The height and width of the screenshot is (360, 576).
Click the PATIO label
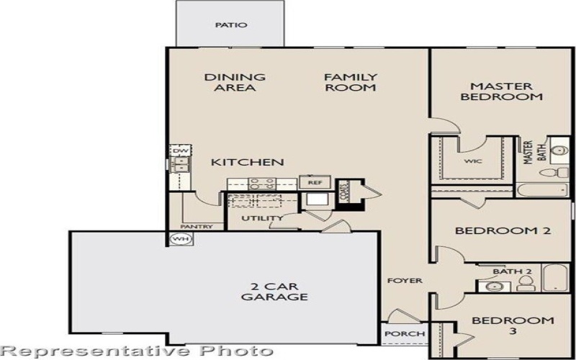click(231, 25)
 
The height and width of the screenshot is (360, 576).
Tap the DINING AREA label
click(235, 82)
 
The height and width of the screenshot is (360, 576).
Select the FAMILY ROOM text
click(351, 82)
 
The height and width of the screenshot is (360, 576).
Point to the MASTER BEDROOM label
click(501, 90)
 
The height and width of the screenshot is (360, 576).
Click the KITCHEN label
click(247, 163)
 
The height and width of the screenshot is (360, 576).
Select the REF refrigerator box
click(314, 183)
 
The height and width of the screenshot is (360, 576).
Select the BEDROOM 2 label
click(503, 231)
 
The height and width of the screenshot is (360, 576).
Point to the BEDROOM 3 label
click(513, 325)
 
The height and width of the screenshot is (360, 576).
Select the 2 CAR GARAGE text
click(274, 290)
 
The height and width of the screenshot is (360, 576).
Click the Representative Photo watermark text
click(137, 351)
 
